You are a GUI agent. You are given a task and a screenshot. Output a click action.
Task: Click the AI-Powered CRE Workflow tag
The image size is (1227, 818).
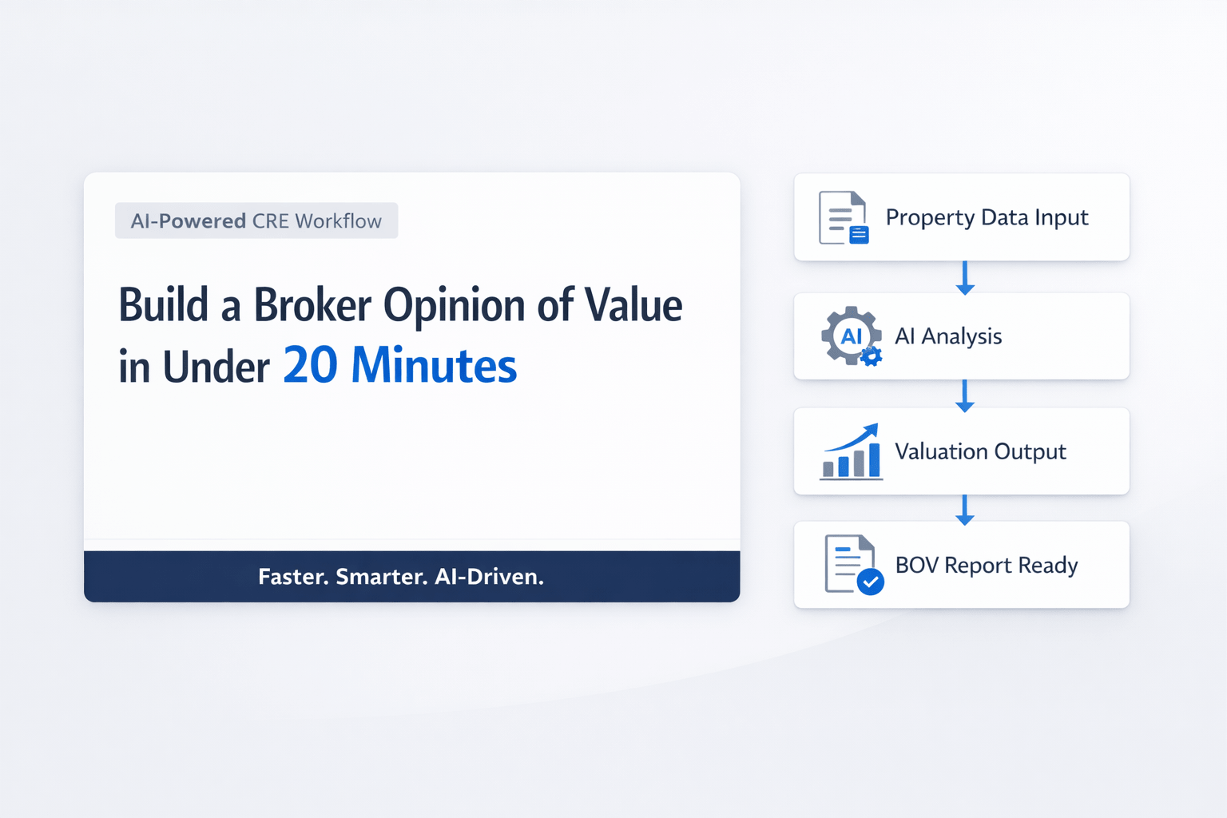(x=256, y=221)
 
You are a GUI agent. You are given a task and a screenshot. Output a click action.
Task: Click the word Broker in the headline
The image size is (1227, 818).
(x=312, y=306)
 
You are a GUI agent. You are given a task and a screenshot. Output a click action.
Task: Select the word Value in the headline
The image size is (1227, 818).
(x=633, y=306)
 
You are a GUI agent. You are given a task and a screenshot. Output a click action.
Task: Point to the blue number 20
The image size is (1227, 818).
(x=310, y=366)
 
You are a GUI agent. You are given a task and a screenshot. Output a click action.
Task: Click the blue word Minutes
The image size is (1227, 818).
(x=434, y=366)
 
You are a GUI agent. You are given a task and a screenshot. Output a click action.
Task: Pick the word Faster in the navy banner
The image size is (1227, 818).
(x=292, y=577)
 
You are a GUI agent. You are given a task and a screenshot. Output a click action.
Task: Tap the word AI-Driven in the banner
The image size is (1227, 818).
(x=489, y=577)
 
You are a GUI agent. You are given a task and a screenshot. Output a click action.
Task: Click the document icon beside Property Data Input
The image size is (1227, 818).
(x=843, y=217)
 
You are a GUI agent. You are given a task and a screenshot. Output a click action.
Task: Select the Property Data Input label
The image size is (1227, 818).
(x=987, y=217)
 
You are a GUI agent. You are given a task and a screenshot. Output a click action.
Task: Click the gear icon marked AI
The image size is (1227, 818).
(x=851, y=336)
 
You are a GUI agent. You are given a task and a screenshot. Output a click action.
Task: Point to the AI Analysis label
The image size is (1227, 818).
(x=948, y=336)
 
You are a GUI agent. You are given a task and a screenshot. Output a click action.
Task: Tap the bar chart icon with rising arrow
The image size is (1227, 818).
(x=852, y=451)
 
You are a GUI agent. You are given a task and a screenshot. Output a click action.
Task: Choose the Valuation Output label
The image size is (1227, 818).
(x=980, y=451)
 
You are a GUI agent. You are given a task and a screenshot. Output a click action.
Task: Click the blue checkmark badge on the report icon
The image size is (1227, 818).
(x=870, y=582)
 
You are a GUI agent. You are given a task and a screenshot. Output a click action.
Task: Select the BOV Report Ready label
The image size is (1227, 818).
(x=987, y=566)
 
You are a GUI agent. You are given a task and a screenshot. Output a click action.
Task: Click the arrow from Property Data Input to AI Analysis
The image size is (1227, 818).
(x=965, y=277)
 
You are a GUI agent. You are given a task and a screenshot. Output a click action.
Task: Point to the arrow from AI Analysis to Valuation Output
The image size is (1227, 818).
(x=965, y=395)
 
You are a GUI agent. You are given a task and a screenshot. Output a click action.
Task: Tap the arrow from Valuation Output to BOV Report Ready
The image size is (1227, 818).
(x=965, y=509)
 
